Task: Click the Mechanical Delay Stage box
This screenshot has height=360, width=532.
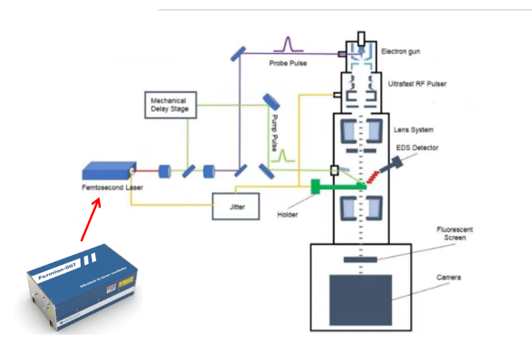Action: click(168, 104)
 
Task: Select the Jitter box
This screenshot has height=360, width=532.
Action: click(236, 206)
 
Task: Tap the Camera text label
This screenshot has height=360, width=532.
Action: click(448, 277)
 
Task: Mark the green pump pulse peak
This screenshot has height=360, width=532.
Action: click(282, 155)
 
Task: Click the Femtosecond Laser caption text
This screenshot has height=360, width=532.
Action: click(112, 188)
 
